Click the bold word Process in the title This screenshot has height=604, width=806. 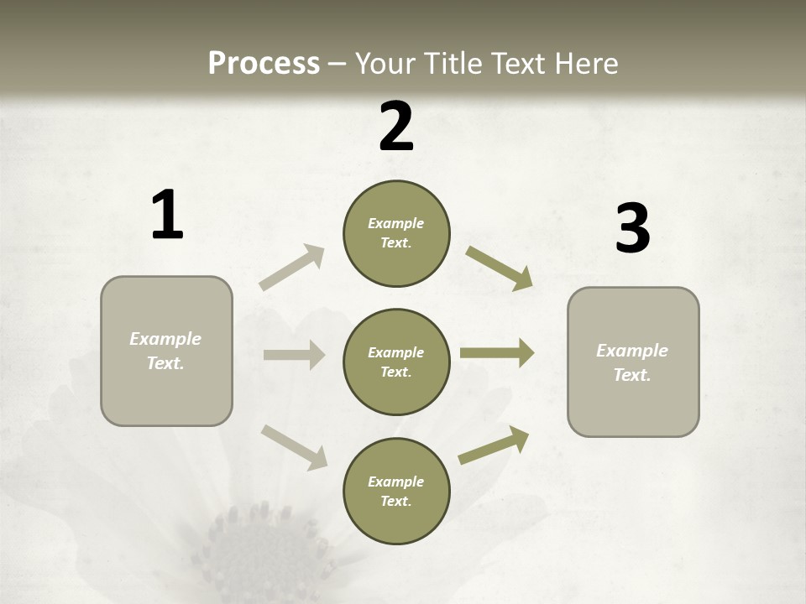pos(264,63)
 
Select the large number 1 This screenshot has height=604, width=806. pos(167,216)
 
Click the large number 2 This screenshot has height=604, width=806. pos(396,126)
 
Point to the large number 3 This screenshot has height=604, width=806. pos(632,228)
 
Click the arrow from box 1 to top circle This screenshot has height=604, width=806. pos(292,267)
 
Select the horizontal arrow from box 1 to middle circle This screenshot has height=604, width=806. pos(294,355)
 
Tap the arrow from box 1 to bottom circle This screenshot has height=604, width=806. pos(294,446)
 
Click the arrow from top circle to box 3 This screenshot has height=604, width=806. pos(499,268)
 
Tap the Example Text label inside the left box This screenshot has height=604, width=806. pos(165,351)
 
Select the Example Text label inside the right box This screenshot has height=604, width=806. pos(632,362)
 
